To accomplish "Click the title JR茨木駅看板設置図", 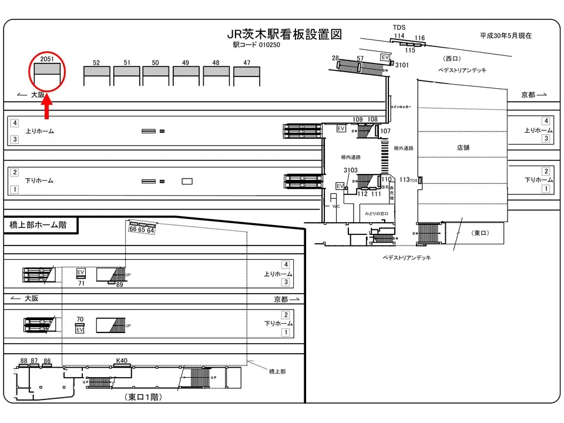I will coord(284,35).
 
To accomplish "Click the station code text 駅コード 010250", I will coord(256,45).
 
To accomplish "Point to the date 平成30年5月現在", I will coord(506,36).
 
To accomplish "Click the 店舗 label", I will coord(464,148).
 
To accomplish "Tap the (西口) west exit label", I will coord(452,59).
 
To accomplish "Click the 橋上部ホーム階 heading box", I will coord(38,225).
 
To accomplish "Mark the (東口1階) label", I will coord(144,398).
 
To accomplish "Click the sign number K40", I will coord(122,360).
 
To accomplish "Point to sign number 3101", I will coord(402,65).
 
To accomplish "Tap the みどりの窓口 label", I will coord(377,214).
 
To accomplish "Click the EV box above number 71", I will coord(81,273).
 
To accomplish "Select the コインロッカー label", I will coord(401,108).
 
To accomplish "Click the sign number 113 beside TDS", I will coord(404,180).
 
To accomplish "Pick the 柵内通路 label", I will coord(351,157).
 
